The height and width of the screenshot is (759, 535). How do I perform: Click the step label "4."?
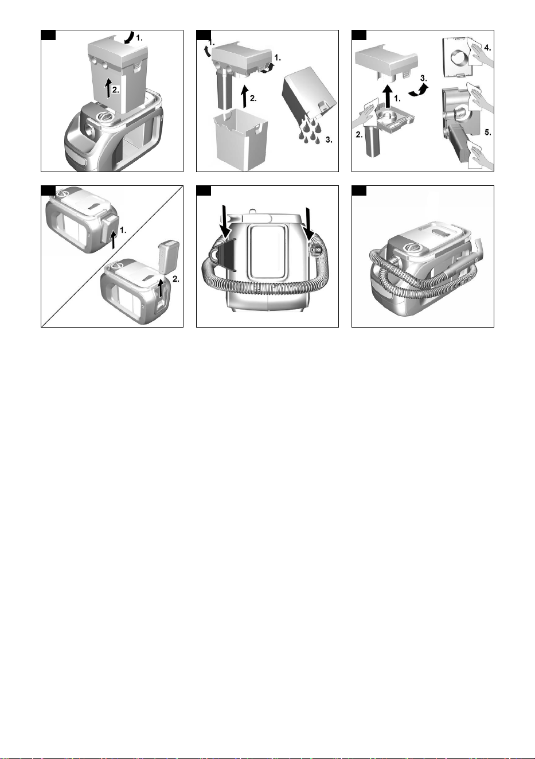click(x=487, y=48)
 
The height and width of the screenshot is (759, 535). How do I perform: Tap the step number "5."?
click(x=487, y=133)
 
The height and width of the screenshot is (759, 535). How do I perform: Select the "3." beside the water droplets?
click(x=329, y=139)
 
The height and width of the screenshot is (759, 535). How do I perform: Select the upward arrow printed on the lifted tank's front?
click(x=108, y=88)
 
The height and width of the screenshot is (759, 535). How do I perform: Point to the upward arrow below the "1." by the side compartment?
click(x=114, y=241)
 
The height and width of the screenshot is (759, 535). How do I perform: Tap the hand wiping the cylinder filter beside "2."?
click(x=364, y=115)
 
